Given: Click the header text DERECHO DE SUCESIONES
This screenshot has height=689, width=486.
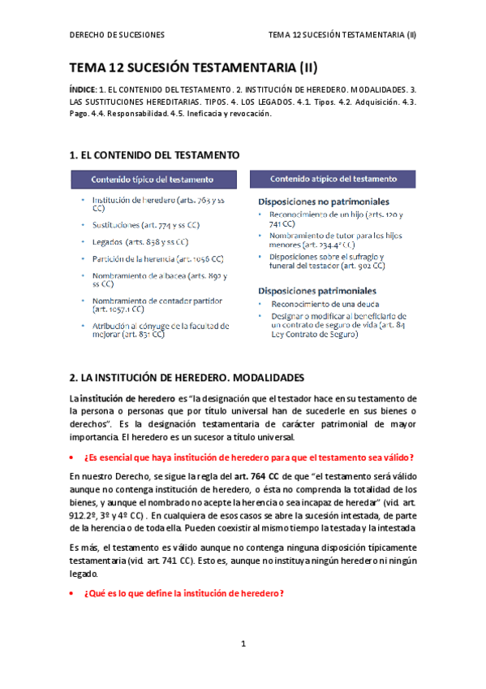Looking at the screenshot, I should pyautogui.click(x=117, y=35).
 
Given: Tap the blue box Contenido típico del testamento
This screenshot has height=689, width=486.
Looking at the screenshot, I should pyautogui.click(x=153, y=179).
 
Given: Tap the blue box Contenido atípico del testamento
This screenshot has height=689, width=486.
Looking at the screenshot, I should pyautogui.click(x=333, y=179).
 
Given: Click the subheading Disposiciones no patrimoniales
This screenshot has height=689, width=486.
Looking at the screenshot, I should pyautogui.click(x=323, y=201).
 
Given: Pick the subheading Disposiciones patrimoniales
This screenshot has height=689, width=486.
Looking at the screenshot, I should pyautogui.click(x=316, y=290).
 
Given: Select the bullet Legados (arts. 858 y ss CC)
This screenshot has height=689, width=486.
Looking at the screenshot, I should pyautogui.click(x=140, y=242).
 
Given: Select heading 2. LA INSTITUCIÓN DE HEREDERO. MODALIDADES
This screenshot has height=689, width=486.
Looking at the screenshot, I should pyautogui.click(x=187, y=379).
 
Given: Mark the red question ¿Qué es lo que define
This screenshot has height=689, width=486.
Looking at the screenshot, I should pyautogui.click(x=184, y=593).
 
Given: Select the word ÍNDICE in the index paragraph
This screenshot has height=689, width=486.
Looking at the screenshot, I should pyautogui.click(x=82, y=88).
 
